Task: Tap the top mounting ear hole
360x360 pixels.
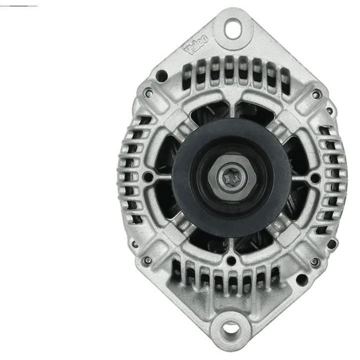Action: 231,28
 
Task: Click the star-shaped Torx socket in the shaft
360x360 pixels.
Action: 231,178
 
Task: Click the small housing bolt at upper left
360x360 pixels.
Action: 148,93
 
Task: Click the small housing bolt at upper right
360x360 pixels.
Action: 314,94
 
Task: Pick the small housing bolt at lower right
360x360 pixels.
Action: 314,261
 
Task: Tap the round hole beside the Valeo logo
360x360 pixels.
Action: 161,75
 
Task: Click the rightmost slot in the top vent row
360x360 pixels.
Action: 285,80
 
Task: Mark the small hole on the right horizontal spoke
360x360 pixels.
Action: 314,177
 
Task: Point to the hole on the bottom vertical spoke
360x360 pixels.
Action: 230,260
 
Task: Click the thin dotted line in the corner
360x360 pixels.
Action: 19,5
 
